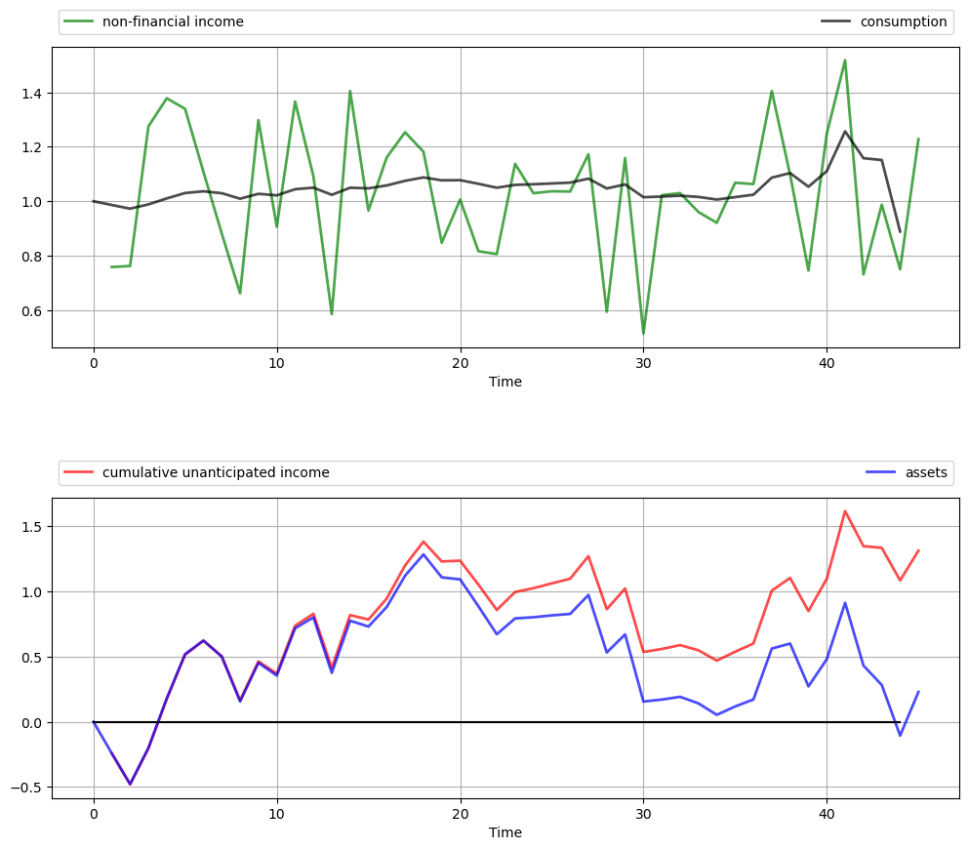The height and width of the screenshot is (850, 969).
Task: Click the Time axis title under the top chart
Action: click(x=505, y=382)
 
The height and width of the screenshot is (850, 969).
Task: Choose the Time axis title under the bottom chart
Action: click(x=505, y=832)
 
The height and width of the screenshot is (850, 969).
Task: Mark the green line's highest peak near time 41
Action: click(x=845, y=61)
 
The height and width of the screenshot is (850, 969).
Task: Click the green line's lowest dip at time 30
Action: click(x=644, y=334)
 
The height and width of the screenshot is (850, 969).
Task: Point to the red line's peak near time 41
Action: click(x=845, y=511)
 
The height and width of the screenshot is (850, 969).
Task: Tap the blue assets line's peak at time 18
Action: click(x=424, y=554)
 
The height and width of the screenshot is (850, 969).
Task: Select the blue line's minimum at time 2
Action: click(x=130, y=784)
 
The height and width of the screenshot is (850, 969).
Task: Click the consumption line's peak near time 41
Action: click(x=845, y=132)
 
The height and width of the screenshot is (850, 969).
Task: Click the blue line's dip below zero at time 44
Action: click(x=900, y=735)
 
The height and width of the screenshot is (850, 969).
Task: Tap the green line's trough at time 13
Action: click(x=332, y=314)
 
